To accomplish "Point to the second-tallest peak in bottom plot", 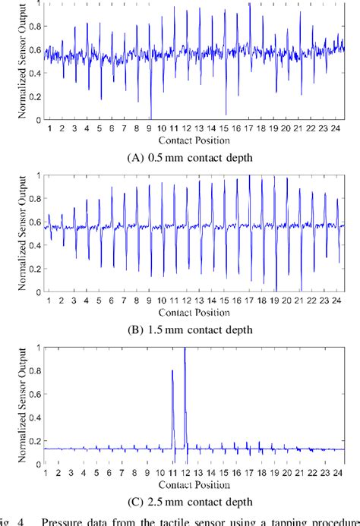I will [x=173, y=372].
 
